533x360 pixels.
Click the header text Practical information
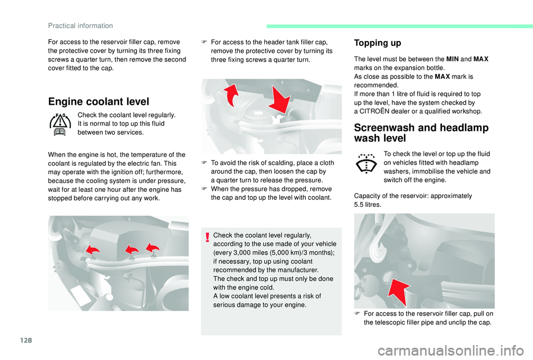81,26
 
